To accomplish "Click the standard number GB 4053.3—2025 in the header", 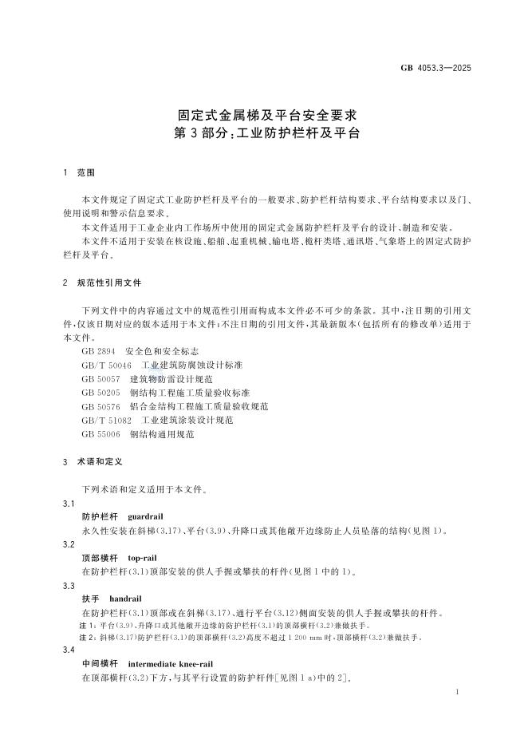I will click(435, 69).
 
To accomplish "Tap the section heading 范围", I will click(85, 172).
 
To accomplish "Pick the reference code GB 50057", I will click(100, 378).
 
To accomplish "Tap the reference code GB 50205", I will click(100, 393).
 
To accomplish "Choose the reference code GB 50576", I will click(100, 406).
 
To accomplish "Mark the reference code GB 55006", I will click(100, 434).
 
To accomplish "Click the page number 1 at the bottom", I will click(457, 694).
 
